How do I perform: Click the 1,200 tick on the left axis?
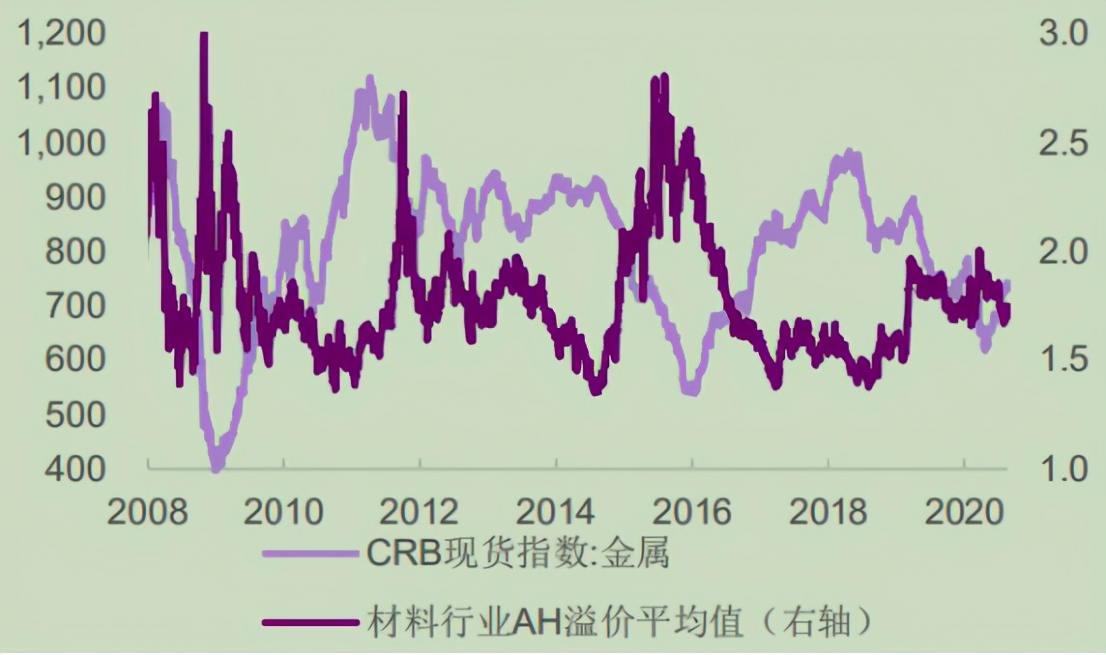[61, 36]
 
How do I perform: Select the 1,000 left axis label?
[61, 144]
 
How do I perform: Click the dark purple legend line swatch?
[309, 622]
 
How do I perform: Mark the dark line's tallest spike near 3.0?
[204, 36]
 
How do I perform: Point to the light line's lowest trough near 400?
[216, 466]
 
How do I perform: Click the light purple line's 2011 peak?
[370, 78]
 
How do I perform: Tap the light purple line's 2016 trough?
[690, 390]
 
